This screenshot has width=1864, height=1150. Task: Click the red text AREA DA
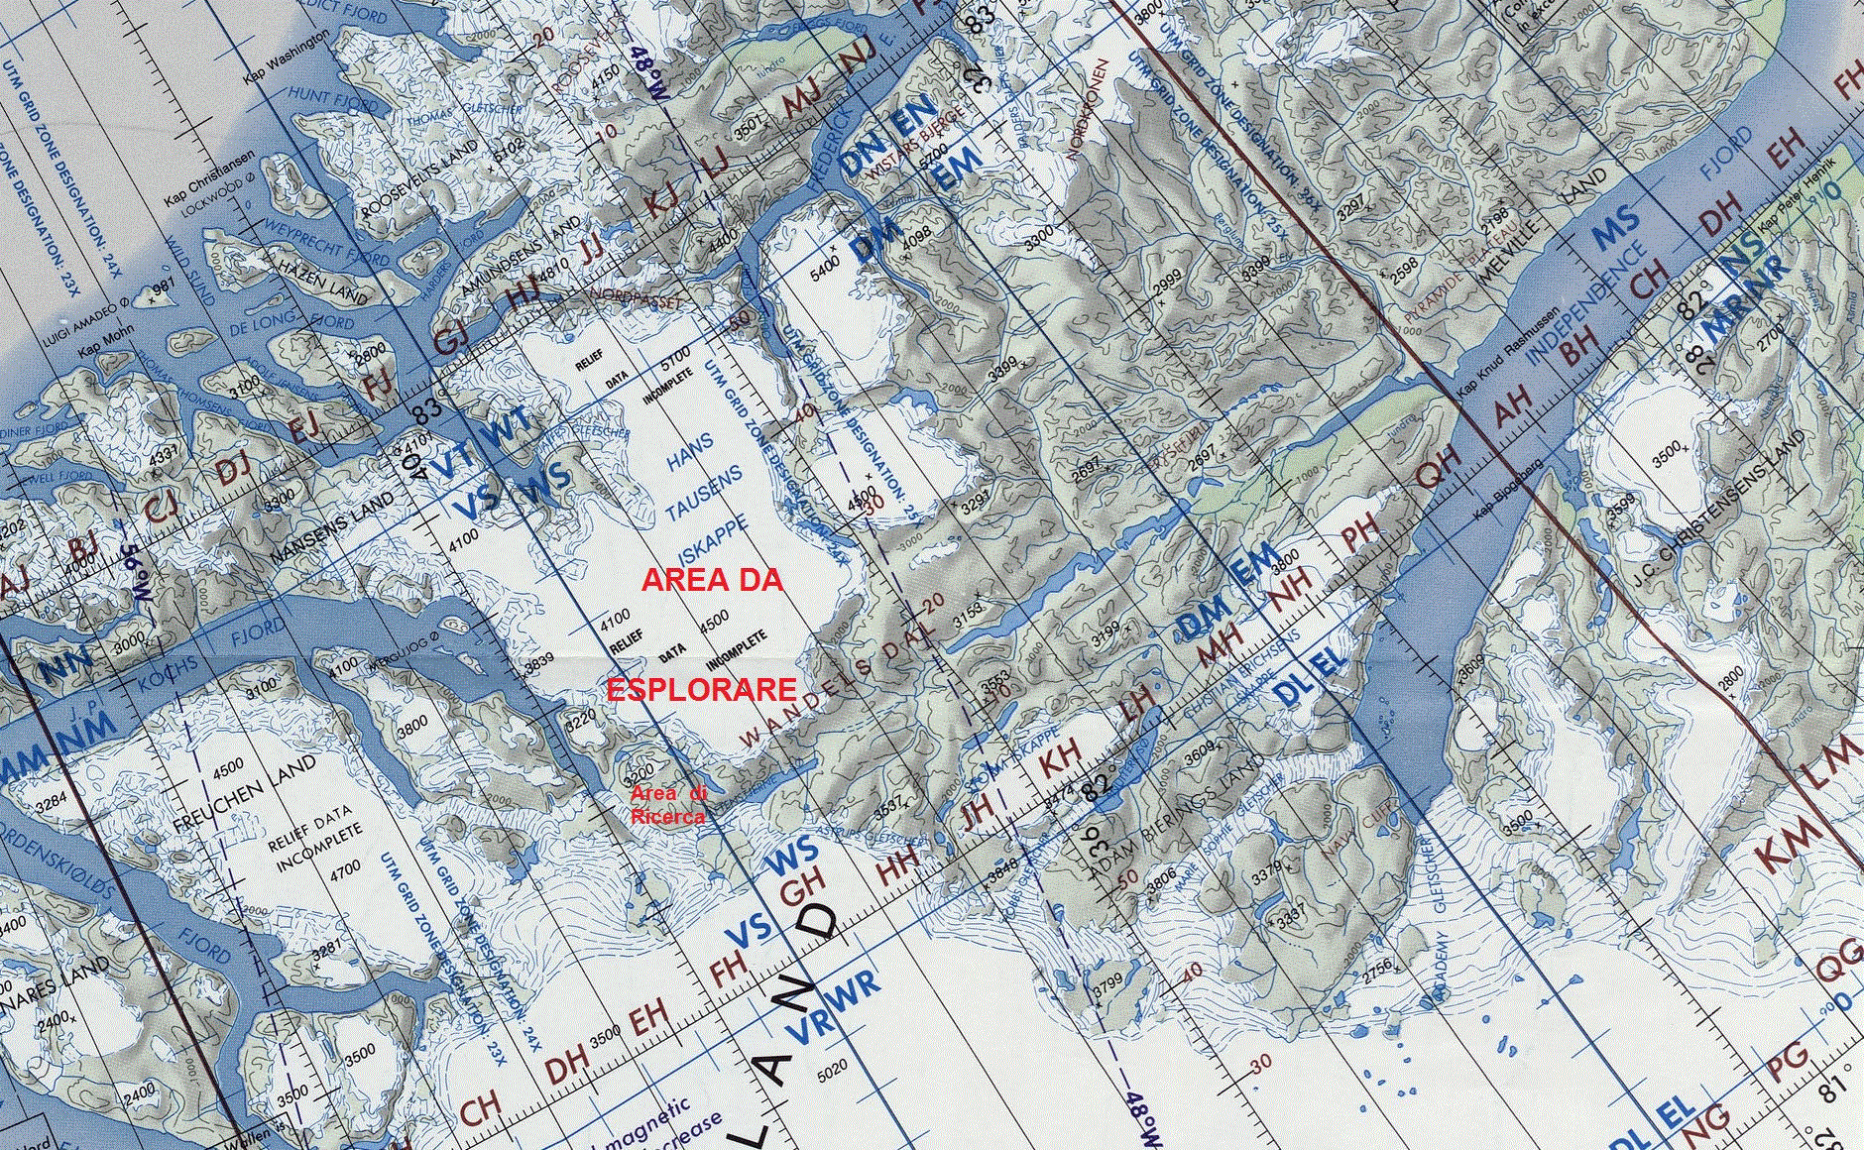(x=712, y=580)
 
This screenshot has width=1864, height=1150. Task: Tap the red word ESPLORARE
(x=701, y=690)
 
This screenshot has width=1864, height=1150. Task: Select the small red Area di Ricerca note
(x=669, y=805)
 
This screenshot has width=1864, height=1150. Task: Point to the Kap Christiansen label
(x=209, y=179)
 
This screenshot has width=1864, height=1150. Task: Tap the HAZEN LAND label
(x=323, y=282)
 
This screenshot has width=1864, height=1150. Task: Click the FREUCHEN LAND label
(x=245, y=794)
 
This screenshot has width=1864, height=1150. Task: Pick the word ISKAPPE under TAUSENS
(x=712, y=544)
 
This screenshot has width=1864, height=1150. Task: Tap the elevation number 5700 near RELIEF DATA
(x=674, y=354)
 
